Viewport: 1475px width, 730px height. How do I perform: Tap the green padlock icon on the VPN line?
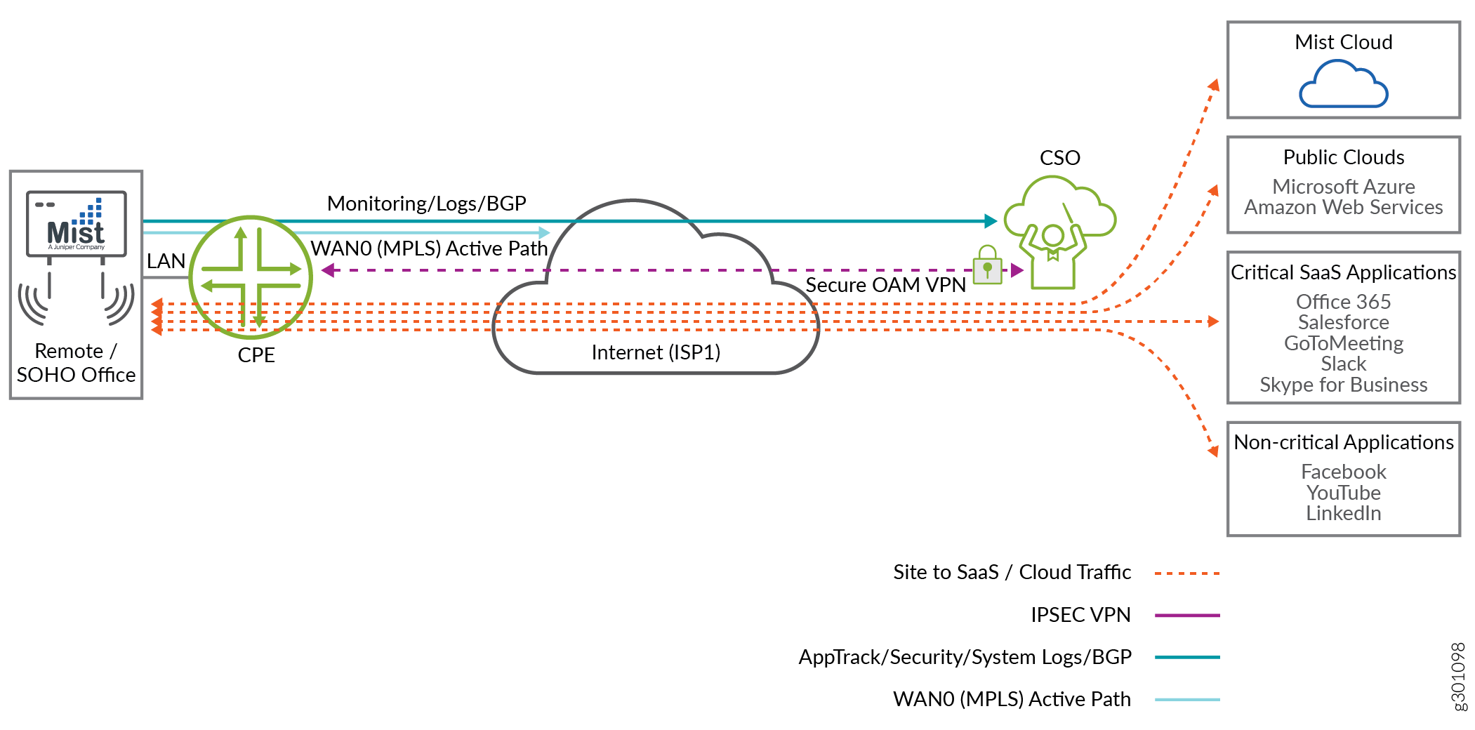coord(987,265)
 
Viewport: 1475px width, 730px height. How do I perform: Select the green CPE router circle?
coord(251,277)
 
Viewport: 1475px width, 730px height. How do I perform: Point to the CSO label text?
coord(1059,158)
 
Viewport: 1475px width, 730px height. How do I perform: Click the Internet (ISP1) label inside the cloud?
coord(656,352)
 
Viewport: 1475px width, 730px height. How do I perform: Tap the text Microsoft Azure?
coord(1343,187)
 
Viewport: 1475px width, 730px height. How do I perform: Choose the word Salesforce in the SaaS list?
coord(1343,322)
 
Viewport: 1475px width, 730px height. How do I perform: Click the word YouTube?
coord(1343,493)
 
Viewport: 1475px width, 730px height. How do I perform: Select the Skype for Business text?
coord(1343,385)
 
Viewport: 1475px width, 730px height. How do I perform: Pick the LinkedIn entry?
coord(1343,514)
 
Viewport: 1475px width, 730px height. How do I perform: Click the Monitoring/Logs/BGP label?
coord(426,204)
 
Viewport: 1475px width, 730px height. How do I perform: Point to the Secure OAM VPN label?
coord(885,285)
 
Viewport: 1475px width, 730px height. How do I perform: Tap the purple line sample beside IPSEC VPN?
coord(1186,616)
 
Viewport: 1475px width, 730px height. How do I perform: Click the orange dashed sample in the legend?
coord(1186,573)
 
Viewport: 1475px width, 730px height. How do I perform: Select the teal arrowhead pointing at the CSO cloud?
coord(991,221)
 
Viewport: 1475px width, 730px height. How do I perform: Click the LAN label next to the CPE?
coord(166,261)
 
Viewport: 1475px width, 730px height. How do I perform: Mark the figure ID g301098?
coord(1458,677)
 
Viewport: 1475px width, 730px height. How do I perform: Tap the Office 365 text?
coord(1343,302)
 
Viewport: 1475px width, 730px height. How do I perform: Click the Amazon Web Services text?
coord(1343,208)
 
